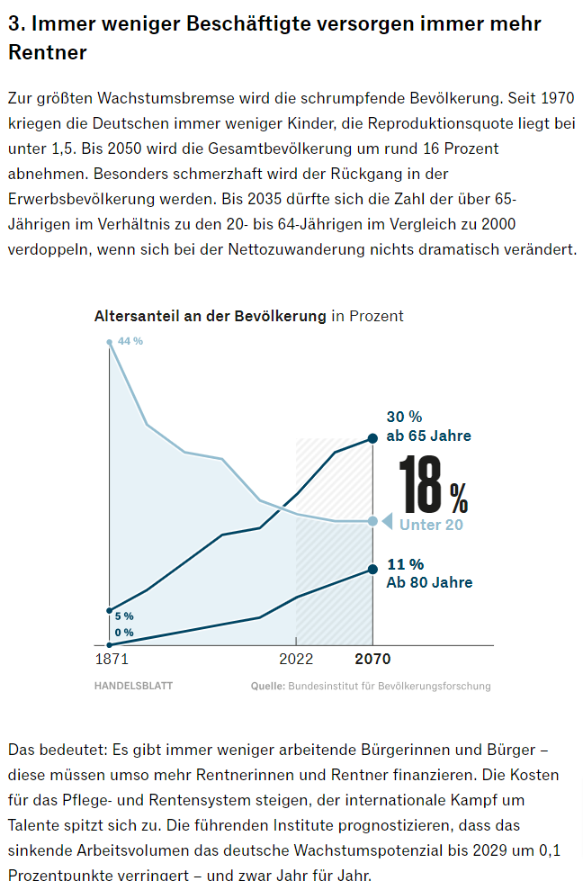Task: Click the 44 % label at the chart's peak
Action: pyautogui.click(x=130, y=341)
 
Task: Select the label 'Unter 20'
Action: pyautogui.click(x=431, y=525)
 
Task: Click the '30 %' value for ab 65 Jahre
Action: pyautogui.click(x=404, y=418)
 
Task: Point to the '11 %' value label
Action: pyautogui.click(x=405, y=564)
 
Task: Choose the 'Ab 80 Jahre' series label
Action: pyautogui.click(x=429, y=582)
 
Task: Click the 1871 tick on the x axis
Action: pyautogui.click(x=111, y=660)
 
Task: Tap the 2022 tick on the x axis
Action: pyautogui.click(x=296, y=660)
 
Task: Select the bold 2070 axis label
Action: pyautogui.click(x=372, y=660)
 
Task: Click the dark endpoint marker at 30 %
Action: pyautogui.click(x=372, y=438)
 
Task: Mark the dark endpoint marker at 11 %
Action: pyautogui.click(x=372, y=569)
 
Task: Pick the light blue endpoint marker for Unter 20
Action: pyautogui.click(x=372, y=521)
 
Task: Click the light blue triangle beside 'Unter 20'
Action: pyautogui.click(x=387, y=521)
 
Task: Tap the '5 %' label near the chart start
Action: pyautogui.click(x=124, y=616)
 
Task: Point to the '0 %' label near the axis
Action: pyautogui.click(x=124, y=633)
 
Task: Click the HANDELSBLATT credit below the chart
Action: pyautogui.click(x=133, y=686)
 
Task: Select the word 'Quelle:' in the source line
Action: pyautogui.click(x=267, y=686)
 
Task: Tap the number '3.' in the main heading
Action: pyautogui.click(x=17, y=24)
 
